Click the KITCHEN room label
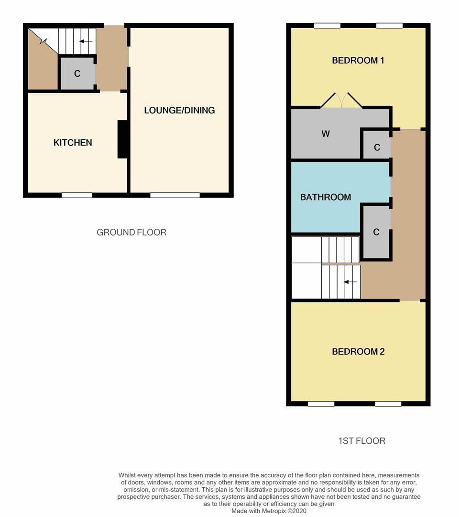73,143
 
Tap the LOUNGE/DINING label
179,111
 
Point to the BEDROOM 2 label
358,351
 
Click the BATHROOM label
326,197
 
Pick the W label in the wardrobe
326,134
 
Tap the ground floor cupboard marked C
77,74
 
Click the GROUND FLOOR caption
131,233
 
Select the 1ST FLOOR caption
361,441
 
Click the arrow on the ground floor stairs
86,41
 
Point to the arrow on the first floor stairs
350,282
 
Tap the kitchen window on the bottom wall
77,195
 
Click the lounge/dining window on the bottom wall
175,195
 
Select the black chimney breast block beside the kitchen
123,139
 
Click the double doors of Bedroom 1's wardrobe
341,100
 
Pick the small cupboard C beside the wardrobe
377,147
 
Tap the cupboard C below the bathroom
376,232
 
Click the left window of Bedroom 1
328,26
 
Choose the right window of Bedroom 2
388,404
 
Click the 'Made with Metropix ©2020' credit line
270,511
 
